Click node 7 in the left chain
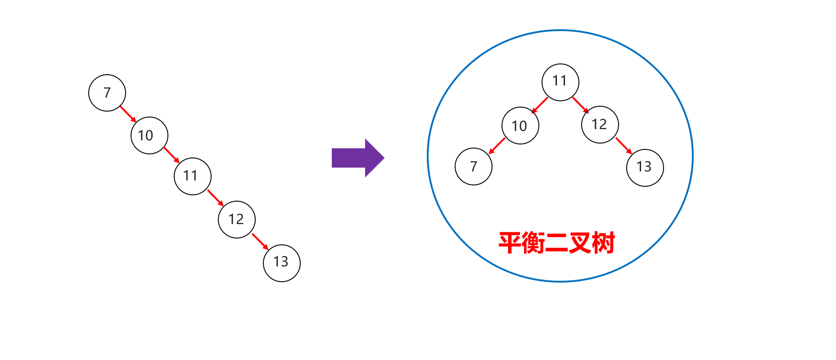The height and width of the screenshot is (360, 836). coord(107,93)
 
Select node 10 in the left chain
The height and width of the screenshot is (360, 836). coord(149,135)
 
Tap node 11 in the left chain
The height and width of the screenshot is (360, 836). coord(193,176)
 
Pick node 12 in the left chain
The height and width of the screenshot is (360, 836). coord(237,220)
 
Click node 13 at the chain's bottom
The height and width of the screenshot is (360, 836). coord(282,263)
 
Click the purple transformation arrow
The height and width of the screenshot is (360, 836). coord(358,158)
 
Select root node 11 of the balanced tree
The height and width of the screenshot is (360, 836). coord(560,82)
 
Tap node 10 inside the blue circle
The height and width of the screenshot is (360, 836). coord(520,126)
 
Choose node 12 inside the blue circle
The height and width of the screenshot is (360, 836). coord(600,125)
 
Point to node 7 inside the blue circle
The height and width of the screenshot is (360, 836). coord(474,166)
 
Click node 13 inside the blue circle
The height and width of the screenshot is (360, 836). coord(645,168)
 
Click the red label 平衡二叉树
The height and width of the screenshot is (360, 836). coord(557,243)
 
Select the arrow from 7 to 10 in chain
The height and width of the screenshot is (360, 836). coord(128,114)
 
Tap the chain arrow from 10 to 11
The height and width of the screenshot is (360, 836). coord(172,155)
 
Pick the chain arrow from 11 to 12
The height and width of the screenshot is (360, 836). coord(215,198)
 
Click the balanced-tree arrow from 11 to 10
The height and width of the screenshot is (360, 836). coord(540,105)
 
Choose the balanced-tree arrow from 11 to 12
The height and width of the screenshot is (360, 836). coord(581,105)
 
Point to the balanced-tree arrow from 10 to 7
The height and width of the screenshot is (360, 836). coord(497,146)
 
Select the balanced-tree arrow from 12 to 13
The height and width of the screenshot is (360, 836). coord(624,146)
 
